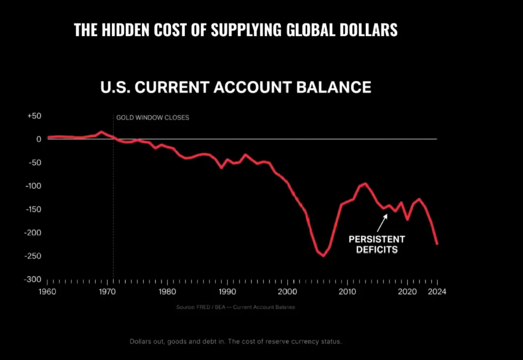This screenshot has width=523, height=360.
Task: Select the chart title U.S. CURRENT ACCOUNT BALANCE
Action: (x=236, y=87)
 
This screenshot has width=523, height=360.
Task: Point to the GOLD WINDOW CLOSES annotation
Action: (x=152, y=118)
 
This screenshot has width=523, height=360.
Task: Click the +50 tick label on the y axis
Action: (x=34, y=116)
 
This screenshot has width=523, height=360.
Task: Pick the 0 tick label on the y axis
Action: (x=38, y=139)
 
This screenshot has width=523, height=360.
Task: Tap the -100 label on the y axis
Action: (x=33, y=186)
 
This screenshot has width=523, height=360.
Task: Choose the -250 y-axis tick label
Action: (x=33, y=256)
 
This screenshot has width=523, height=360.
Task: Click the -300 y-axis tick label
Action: (x=33, y=279)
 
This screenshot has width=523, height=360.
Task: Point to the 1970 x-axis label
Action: (x=107, y=291)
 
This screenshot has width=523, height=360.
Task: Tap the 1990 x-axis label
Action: (x=227, y=291)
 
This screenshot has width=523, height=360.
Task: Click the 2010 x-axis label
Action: (x=347, y=291)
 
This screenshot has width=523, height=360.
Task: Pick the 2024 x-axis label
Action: (x=437, y=291)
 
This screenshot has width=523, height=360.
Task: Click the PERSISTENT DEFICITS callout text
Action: (x=377, y=244)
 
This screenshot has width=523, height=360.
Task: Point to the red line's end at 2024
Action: (x=437, y=244)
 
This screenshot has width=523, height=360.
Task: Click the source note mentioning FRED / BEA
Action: (x=236, y=307)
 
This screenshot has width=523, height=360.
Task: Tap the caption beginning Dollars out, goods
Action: (x=235, y=341)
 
